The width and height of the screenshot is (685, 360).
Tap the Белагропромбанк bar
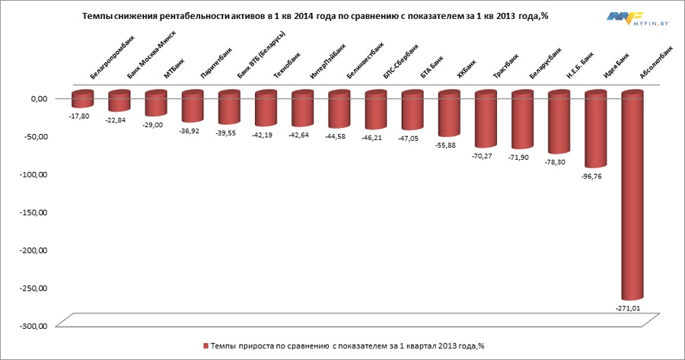coord(82,99)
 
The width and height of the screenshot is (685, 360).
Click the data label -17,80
coord(79,116)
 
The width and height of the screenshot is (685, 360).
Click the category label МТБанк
coord(173,69)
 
